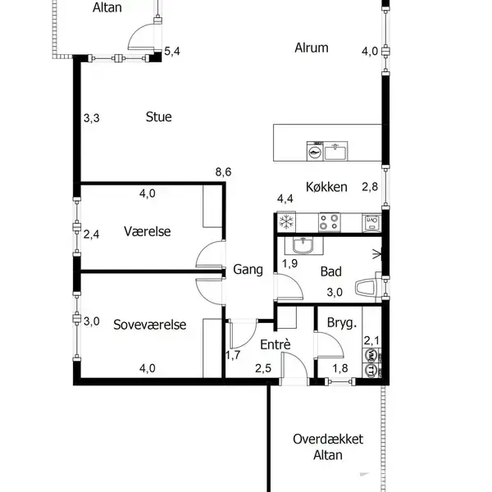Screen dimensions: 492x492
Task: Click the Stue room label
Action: click(x=158, y=116)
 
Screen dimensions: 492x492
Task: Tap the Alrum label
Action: click(x=312, y=48)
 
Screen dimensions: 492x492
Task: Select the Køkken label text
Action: click(x=326, y=187)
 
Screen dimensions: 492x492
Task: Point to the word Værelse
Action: click(x=147, y=231)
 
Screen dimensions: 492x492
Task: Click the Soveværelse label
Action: click(x=150, y=325)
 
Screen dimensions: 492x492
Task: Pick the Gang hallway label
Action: click(x=248, y=270)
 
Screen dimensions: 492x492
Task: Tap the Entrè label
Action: click(x=276, y=344)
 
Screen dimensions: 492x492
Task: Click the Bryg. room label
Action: click(x=342, y=323)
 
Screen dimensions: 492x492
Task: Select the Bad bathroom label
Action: click(x=331, y=271)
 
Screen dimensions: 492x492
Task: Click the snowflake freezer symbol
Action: click(x=286, y=222)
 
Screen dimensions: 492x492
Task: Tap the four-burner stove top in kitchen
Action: click(x=329, y=222)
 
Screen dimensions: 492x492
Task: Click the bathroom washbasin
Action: click(x=303, y=245)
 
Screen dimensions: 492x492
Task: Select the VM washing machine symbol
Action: click(x=371, y=355)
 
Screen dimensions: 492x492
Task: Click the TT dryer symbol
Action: click(x=371, y=371)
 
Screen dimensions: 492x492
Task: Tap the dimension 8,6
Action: click(x=223, y=172)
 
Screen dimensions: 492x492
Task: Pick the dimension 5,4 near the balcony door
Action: click(x=172, y=51)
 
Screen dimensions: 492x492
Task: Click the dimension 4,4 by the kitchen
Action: click(x=285, y=198)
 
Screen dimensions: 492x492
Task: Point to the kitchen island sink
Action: click(x=335, y=151)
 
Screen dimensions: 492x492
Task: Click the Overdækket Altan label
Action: click(x=328, y=447)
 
